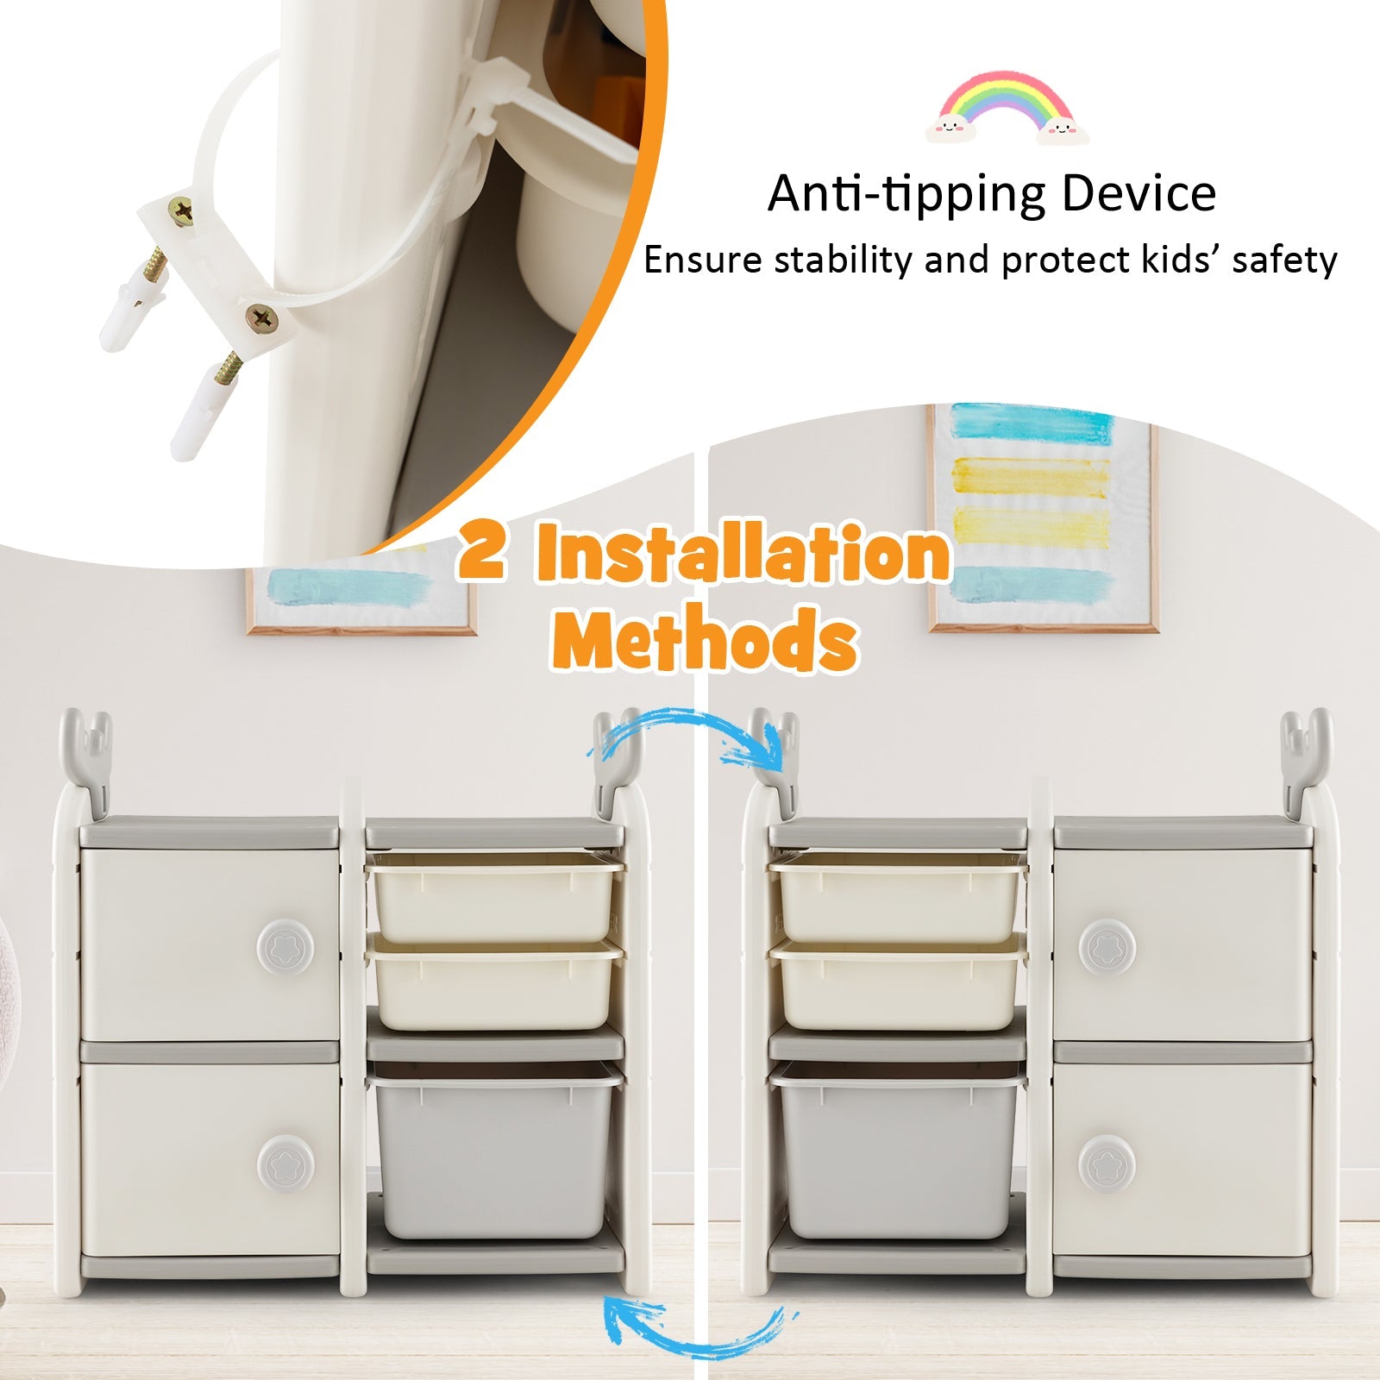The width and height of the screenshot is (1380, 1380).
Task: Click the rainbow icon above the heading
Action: [1007, 109]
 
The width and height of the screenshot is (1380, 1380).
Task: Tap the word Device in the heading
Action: [1139, 192]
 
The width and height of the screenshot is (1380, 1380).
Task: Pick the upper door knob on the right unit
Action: [1107, 946]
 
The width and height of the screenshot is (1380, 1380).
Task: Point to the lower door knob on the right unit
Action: [1107, 1164]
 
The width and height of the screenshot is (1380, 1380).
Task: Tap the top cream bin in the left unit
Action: [494, 897]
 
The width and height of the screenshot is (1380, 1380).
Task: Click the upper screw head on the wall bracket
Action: [182, 211]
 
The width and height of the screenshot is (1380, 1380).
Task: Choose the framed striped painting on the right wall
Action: [1043, 517]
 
